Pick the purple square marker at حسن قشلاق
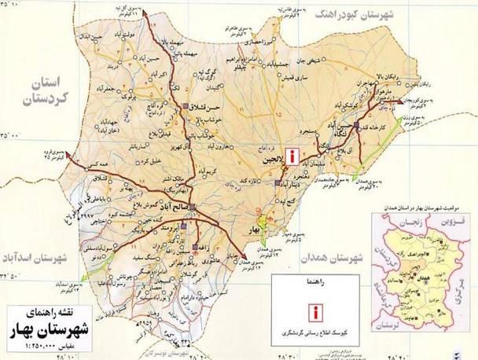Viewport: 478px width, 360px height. coord(186,105)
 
